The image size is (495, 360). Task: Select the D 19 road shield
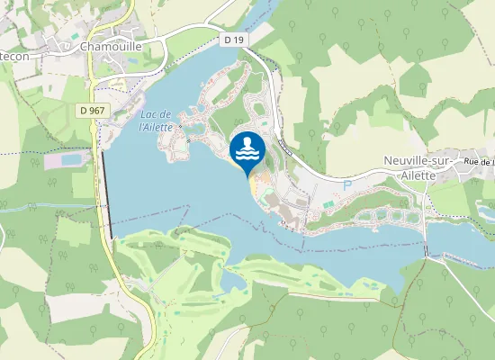click(x=234, y=40)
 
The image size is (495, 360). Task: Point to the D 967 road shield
click(x=88, y=110)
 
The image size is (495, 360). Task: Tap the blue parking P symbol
click(x=346, y=184)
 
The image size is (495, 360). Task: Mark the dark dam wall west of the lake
click(x=107, y=193)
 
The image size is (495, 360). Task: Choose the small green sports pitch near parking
click(x=328, y=205)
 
